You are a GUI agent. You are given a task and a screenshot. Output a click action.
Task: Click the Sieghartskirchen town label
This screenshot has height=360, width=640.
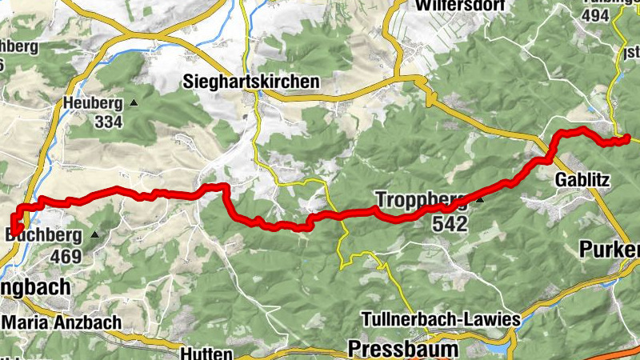(251, 82)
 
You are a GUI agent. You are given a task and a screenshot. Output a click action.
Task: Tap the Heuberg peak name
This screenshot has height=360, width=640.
(94, 103)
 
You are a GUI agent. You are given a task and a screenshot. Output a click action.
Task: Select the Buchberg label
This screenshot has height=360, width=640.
(44, 235)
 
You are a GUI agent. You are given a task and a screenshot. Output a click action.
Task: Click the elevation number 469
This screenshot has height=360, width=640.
(66, 256)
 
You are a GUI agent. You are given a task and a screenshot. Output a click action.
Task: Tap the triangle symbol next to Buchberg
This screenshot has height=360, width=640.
(95, 235)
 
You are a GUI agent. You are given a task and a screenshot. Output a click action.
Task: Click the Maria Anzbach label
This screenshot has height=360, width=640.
(62, 322)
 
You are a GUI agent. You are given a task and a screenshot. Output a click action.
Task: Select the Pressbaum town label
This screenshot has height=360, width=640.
(403, 349)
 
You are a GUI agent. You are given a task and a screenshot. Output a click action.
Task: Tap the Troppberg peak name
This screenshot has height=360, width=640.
(421, 199)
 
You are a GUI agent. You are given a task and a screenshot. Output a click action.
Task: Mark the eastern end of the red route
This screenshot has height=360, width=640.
(627, 138)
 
